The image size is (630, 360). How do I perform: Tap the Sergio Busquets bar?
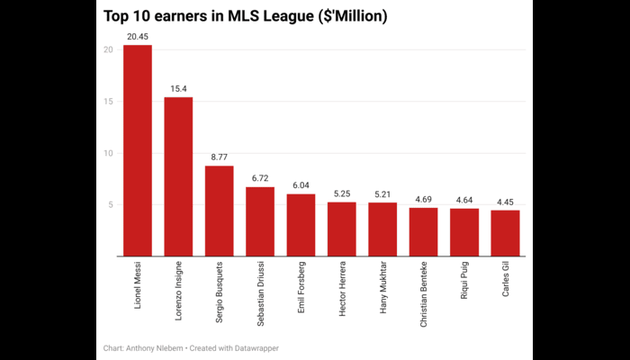point(219,211)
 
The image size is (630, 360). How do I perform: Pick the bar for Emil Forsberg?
point(301,225)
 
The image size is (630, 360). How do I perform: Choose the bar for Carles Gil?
point(505,233)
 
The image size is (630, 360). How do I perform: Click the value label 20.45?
point(137,37)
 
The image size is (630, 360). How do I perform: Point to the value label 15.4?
point(178,89)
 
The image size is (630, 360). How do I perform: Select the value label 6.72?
point(260,178)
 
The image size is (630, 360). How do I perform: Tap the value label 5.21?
point(382,194)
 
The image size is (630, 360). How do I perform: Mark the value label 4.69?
point(423,200)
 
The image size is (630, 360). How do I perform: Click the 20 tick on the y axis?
point(107,50)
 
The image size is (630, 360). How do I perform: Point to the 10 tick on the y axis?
point(107,154)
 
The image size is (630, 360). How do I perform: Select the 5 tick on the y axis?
point(110,205)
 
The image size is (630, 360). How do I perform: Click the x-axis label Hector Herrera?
point(342,287)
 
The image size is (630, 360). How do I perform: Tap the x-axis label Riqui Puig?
point(464,281)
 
